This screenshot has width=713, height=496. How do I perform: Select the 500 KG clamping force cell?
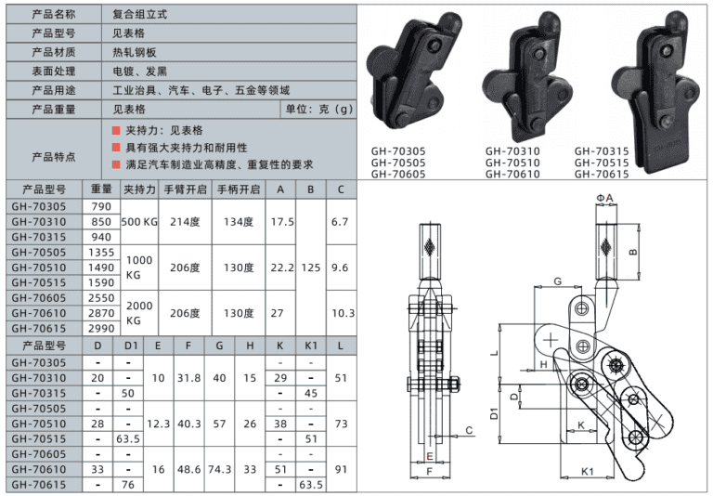140,222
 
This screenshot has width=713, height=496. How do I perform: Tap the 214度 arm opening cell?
186,222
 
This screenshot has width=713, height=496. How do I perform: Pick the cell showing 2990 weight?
101,329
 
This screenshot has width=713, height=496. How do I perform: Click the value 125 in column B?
311,267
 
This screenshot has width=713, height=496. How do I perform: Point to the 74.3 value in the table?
219,470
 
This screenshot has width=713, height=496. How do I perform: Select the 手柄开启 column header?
238,189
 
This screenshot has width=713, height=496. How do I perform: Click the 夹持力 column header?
140,189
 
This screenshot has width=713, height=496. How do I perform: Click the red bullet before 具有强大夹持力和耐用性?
116,148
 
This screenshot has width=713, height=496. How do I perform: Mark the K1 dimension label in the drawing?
587,472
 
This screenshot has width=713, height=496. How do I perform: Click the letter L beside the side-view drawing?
495,354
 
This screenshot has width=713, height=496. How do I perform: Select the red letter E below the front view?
429,457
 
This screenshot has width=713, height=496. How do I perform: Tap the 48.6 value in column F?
188,470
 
